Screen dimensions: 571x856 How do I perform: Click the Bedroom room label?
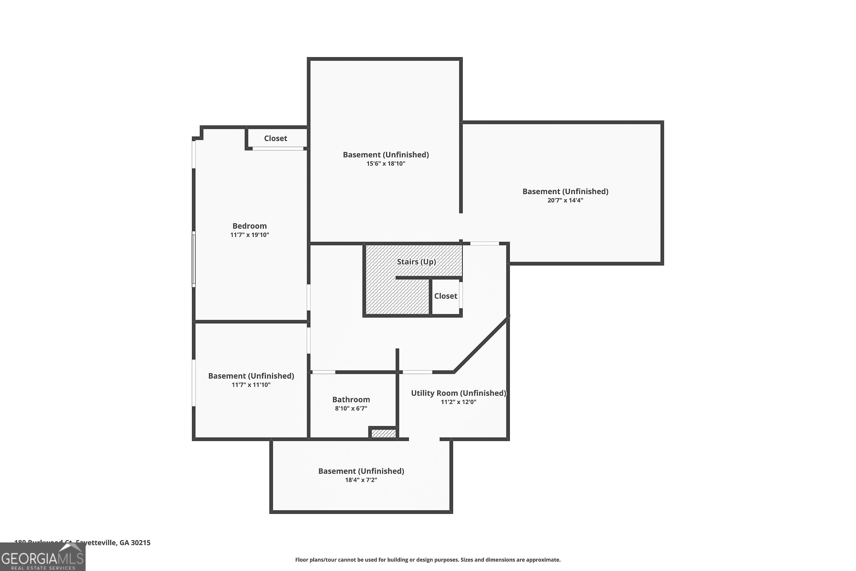pos(249,226)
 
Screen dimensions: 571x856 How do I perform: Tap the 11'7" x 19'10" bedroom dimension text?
pos(249,235)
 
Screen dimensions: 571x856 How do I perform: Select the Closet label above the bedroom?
pos(276,138)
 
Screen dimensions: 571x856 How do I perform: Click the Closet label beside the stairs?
pos(445,296)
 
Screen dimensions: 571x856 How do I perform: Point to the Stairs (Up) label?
pos(416,262)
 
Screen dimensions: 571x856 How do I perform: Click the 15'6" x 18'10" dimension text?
pos(385,164)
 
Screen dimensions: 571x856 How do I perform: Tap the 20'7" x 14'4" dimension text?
pos(565,200)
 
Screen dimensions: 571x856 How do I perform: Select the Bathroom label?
pos(351,399)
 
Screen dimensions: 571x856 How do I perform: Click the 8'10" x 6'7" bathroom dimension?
pos(351,409)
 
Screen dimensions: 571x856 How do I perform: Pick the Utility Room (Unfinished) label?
pos(458,393)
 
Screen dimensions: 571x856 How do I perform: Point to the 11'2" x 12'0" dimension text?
pos(458,402)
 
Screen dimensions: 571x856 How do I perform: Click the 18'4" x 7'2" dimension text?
pos(361,480)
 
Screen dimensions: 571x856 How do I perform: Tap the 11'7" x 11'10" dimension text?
pos(251,385)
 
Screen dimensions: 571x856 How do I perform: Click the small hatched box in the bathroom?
pos(383,433)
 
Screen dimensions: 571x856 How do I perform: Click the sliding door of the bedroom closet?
pos(278,148)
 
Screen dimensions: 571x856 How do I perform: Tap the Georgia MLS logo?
pos(43,557)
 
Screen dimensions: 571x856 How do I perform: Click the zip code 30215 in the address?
pos(140,543)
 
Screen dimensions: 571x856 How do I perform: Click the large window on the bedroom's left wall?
pos(194,259)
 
